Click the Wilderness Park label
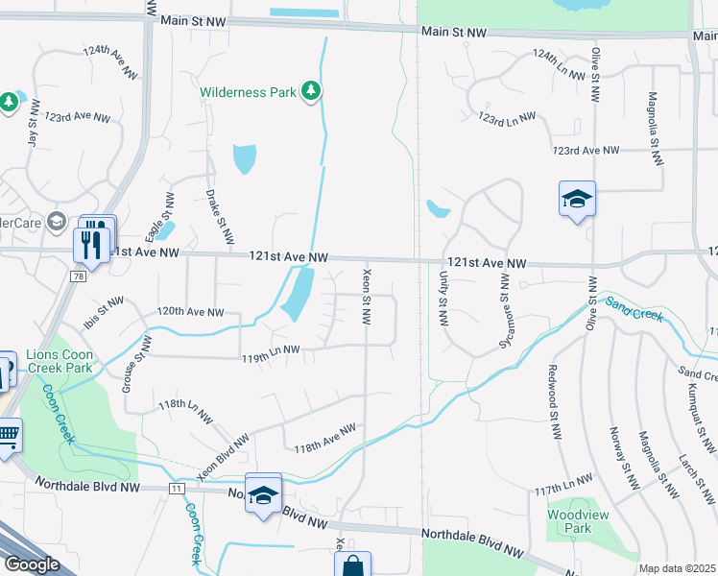point(249,93)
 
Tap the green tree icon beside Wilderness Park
point(310,91)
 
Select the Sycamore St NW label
point(503,299)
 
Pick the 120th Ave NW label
point(190,312)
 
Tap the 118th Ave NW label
point(324,439)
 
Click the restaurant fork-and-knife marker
point(91,244)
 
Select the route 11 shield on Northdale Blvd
point(176,489)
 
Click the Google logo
point(32,564)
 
